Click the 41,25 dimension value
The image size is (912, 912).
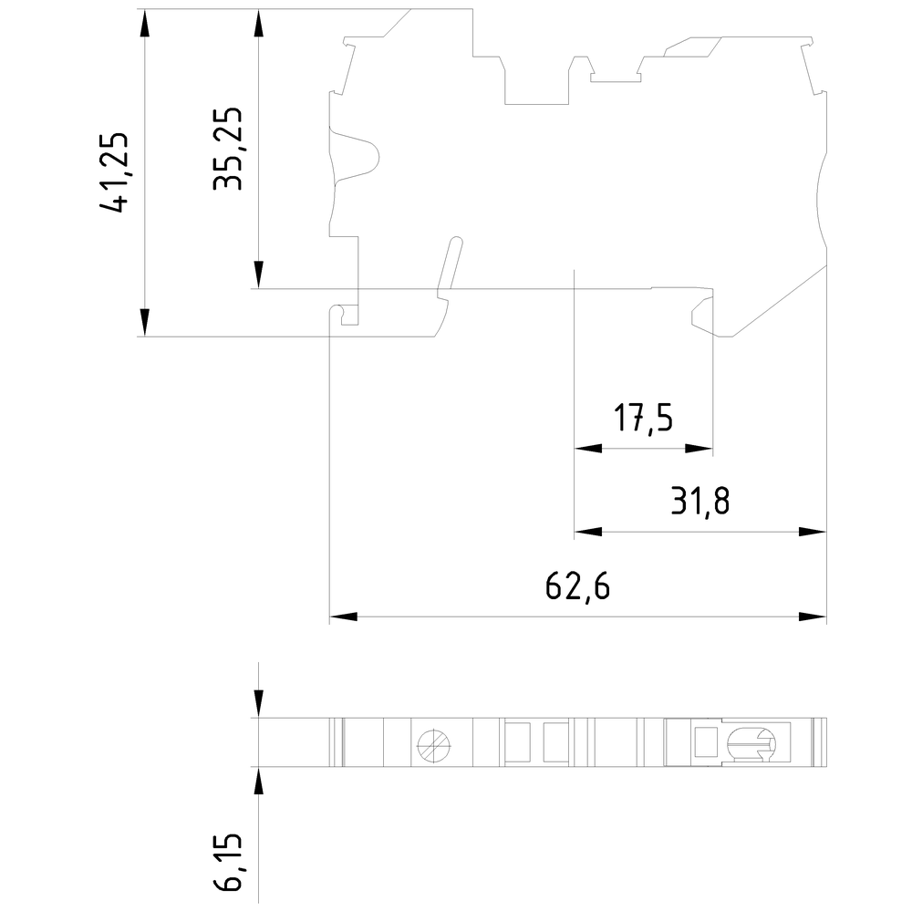(117, 172)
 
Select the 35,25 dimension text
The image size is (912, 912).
(228, 149)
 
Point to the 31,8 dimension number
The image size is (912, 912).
(700, 501)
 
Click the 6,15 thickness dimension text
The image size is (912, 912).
(233, 862)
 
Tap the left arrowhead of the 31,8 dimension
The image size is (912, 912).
(588, 532)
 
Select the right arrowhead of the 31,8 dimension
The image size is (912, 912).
(812, 532)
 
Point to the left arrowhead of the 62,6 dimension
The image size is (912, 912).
(343, 617)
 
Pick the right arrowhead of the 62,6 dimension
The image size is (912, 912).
(812, 617)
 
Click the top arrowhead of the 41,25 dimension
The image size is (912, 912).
(144, 23)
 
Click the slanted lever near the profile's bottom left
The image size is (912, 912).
(450, 265)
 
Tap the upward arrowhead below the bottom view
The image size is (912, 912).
(259, 782)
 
